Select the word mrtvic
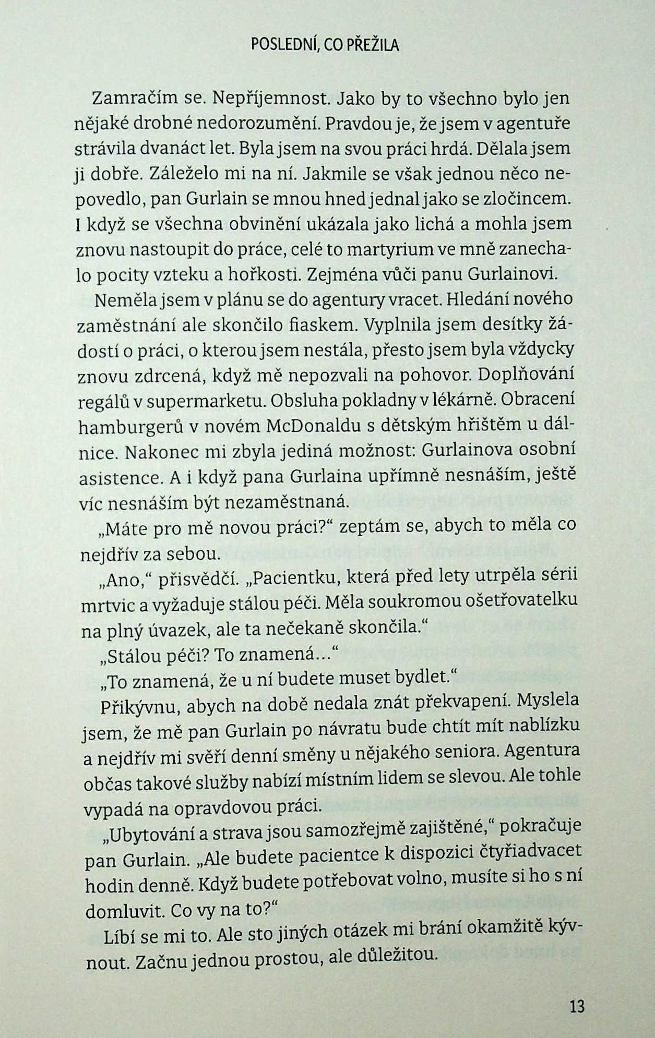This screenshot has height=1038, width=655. click(x=102, y=604)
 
